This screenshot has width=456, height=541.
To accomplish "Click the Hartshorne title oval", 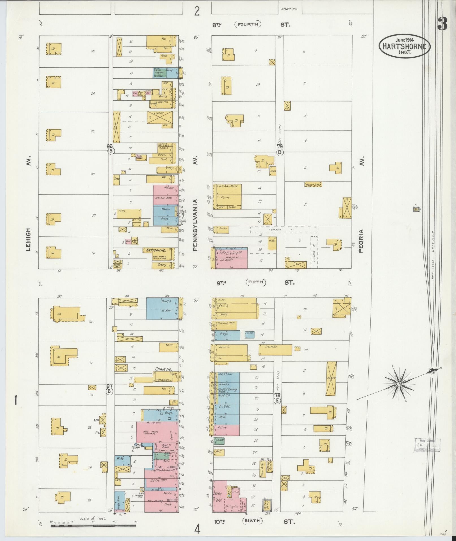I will (405, 46).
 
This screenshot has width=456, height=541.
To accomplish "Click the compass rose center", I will (399, 384).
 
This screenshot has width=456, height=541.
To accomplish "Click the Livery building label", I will (159, 113).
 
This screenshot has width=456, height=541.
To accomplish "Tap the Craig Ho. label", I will (163, 369).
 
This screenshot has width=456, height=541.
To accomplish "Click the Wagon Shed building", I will (313, 185).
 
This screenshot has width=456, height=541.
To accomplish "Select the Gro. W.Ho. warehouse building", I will (275, 350).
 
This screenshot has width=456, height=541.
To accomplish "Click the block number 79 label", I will (280, 146).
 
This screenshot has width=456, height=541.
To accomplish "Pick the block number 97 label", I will (110, 386).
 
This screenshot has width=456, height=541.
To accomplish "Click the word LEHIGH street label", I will (29, 240).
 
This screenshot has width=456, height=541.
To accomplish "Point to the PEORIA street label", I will (362, 240).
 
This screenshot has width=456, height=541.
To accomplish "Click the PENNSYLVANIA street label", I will (195, 225).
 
